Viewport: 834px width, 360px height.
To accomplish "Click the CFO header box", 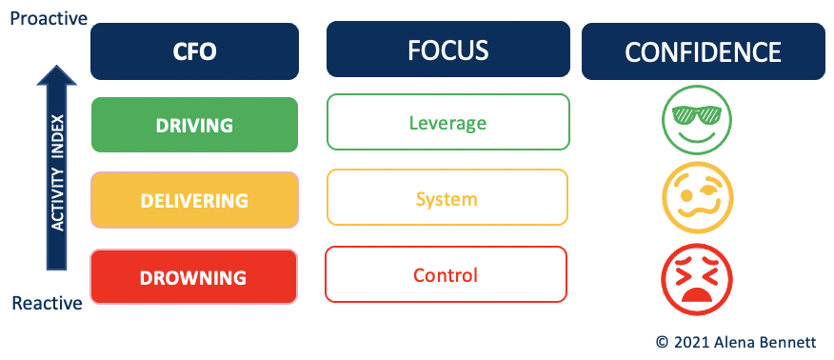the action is [194, 51].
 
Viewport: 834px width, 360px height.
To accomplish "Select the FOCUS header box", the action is [448, 50].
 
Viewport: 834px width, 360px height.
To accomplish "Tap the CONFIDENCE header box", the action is [704, 51].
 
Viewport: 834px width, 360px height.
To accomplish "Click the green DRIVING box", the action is [194, 125].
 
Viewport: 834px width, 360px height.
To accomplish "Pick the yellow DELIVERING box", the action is [194, 200].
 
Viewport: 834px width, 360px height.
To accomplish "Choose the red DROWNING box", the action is [193, 277].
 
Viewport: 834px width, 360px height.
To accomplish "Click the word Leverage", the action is [447, 124].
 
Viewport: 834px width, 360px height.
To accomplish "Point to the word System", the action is [447, 199].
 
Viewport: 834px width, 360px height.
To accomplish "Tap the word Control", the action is [446, 275].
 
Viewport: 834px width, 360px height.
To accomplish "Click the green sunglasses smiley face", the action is [697, 121].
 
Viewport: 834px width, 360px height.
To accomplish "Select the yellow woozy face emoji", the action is [698, 198].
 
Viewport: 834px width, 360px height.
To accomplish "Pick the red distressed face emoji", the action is [697, 280].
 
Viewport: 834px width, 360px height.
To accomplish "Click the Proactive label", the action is [49, 19].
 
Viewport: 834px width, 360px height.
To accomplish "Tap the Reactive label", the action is [48, 304].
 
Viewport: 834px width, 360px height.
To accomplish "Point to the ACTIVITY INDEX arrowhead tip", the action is [56, 65].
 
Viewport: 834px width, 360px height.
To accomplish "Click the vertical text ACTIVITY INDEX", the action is [57, 172].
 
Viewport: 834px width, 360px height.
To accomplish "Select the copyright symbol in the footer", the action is [663, 343].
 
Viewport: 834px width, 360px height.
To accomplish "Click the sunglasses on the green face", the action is [697, 114].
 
